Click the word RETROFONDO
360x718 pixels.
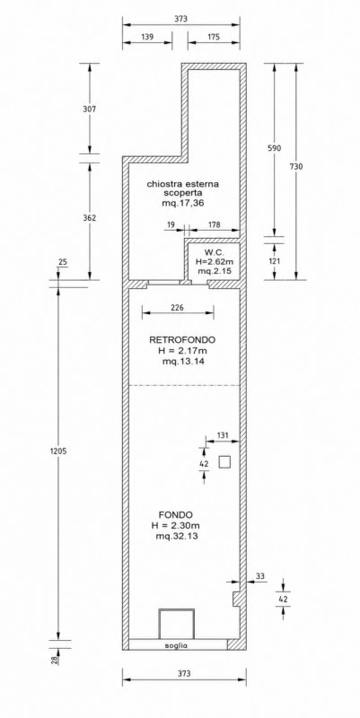pyautogui.click(x=182, y=340)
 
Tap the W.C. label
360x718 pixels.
pyautogui.click(x=212, y=252)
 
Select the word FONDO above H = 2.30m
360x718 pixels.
pyautogui.click(x=175, y=513)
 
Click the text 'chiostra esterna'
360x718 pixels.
pyautogui.click(x=183, y=184)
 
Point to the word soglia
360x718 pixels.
pyautogui.click(x=176, y=645)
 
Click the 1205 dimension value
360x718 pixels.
pyautogui.click(x=58, y=451)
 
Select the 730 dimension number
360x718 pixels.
pyautogui.click(x=296, y=167)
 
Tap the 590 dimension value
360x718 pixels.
pyautogui.click(x=275, y=148)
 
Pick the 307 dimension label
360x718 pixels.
pyautogui.click(x=89, y=109)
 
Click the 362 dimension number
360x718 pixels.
pyautogui.click(x=89, y=218)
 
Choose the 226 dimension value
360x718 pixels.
pyautogui.click(x=177, y=308)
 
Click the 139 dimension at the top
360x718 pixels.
pyautogui.click(x=147, y=37)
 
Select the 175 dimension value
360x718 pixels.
pyautogui.click(x=214, y=37)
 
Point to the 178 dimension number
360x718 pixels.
pyautogui.click(x=214, y=225)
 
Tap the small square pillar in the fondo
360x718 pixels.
pyautogui.click(x=224, y=462)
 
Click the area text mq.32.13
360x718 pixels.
pyautogui.click(x=176, y=536)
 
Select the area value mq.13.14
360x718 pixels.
pyautogui.click(x=183, y=362)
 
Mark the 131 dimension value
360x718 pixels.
pyautogui.click(x=222, y=435)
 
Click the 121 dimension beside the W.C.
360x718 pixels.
pyautogui.click(x=275, y=261)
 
